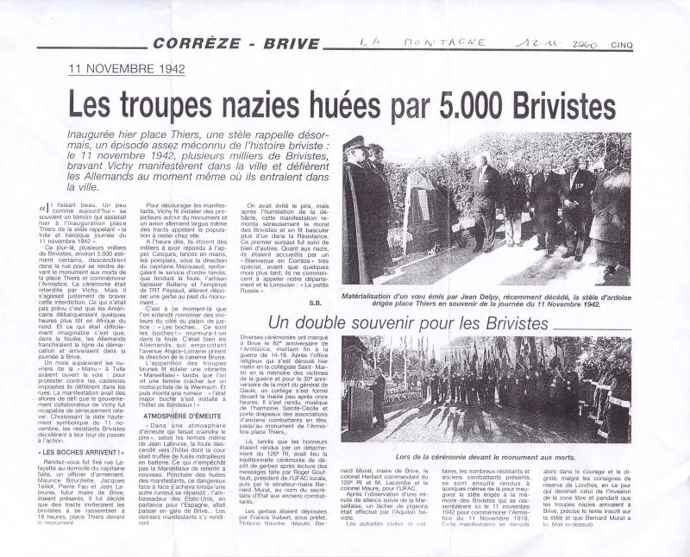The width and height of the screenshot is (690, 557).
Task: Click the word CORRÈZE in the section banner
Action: tap(190, 43)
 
